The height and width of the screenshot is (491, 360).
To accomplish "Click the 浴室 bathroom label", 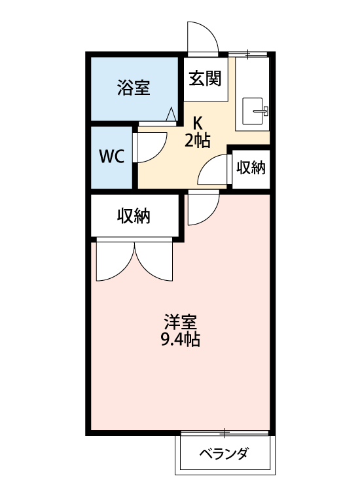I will [134, 88].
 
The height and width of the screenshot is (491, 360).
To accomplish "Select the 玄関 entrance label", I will [205, 79].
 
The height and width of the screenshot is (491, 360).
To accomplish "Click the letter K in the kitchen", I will [197, 122].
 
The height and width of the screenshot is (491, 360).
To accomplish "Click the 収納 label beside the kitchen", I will [251, 168].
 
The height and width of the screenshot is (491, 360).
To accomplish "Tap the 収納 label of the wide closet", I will [134, 215].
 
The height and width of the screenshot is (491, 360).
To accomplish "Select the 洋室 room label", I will [180, 322].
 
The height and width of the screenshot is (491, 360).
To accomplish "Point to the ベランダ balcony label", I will [224, 454].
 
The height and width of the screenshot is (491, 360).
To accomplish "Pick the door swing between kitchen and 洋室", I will [200, 208].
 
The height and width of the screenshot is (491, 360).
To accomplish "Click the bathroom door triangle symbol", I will [171, 115].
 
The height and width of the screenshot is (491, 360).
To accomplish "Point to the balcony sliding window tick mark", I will [225, 432].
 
